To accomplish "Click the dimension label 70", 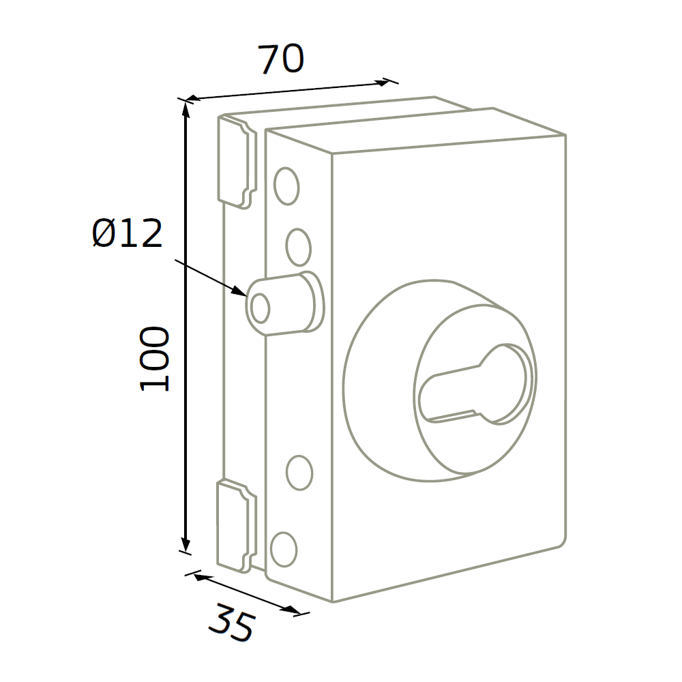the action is pos(282,59).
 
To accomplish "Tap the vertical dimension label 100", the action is pos(153,359).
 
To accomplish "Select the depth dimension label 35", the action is pos(231,623).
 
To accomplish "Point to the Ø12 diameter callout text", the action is pos(128,233).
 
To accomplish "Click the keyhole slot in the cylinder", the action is pos(475,384).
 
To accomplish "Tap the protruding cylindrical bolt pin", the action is pos(285,303).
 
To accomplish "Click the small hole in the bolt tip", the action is pos(261,308).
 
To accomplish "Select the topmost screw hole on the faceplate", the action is pos(286,186).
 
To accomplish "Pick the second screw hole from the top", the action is pos(299,247).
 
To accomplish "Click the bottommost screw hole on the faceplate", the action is pos(284,549).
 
